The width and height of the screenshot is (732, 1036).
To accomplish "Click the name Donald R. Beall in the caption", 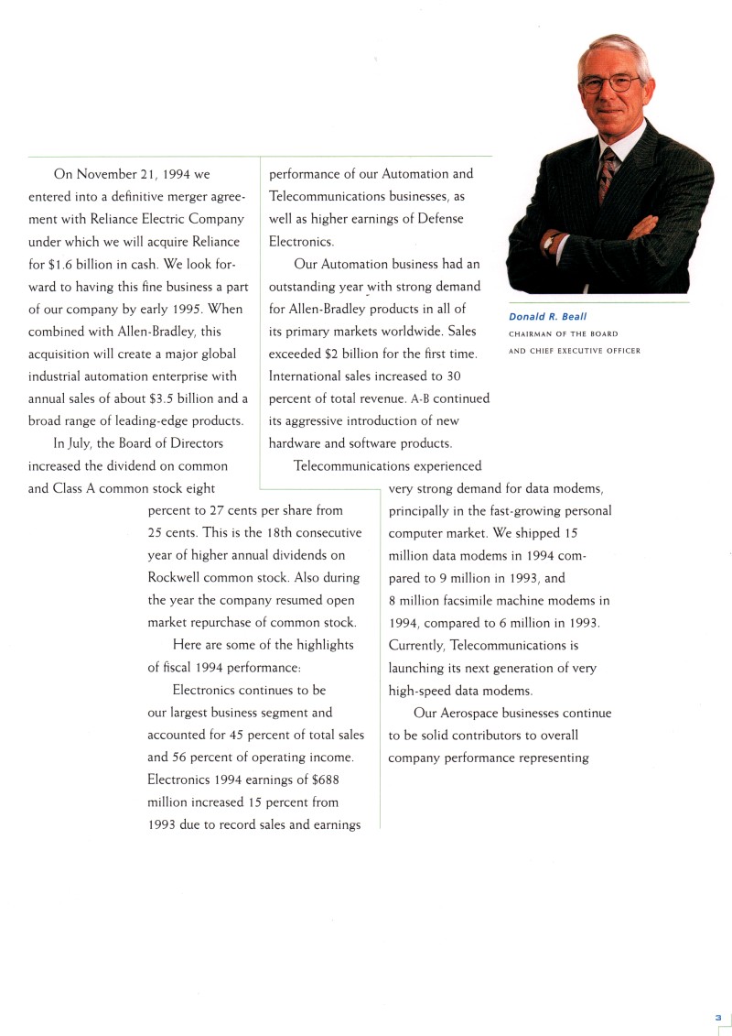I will (547, 317).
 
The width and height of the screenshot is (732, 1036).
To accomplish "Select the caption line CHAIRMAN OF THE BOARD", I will (563, 334).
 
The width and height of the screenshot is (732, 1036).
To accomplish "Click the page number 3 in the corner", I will (718, 1018).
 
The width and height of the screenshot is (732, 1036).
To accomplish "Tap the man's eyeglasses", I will (610, 84).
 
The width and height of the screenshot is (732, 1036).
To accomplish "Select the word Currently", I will (417, 646).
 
